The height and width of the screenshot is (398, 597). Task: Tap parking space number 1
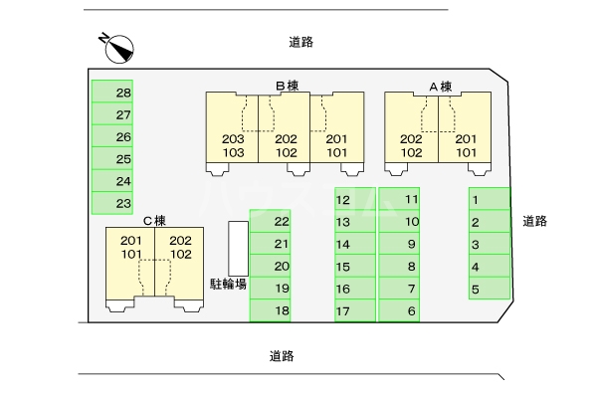pyautogui.click(x=489, y=200)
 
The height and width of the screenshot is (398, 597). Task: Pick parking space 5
pyautogui.click(x=489, y=290)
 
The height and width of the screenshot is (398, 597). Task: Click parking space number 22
pyautogui.click(x=270, y=221)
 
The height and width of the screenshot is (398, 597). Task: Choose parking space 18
pyautogui.click(x=270, y=311)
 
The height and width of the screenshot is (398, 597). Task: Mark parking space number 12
pyautogui.click(x=355, y=199)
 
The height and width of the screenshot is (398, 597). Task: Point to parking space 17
pyautogui.click(x=355, y=311)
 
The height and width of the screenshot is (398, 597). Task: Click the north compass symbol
pyautogui.click(x=118, y=45)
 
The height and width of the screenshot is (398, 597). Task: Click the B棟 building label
pyautogui.click(x=287, y=87)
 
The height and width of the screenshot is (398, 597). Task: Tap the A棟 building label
pyautogui.click(x=440, y=87)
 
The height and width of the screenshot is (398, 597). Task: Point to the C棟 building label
pyautogui.click(x=153, y=220)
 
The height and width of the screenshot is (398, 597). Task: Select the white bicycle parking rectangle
pyautogui.click(x=238, y=248)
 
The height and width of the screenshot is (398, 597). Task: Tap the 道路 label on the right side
pyautogui.click(x=535, y=221)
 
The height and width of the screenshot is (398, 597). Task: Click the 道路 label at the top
pyautogui.click(x=301, y=42)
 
